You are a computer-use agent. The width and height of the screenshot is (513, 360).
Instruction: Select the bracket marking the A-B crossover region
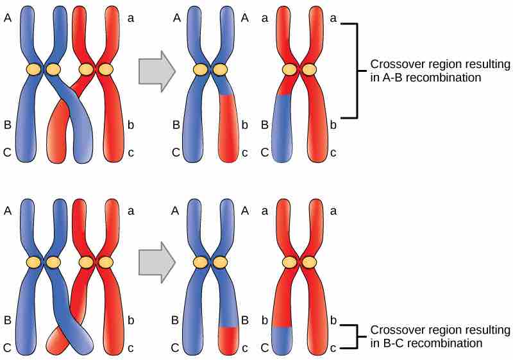point(355,71)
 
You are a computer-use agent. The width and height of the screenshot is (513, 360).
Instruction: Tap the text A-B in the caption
point(393,77)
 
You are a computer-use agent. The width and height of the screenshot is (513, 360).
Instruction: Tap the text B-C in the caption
point(393,343)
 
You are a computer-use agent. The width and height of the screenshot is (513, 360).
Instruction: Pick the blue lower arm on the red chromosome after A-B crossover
point(282,128)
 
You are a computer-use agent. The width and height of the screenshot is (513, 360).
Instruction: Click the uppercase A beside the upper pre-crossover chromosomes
point(8,19)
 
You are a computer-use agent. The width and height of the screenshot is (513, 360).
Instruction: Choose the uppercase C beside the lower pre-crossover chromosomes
point(8,347)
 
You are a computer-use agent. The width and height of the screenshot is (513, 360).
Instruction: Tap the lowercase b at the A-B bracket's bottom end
point(332,124)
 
